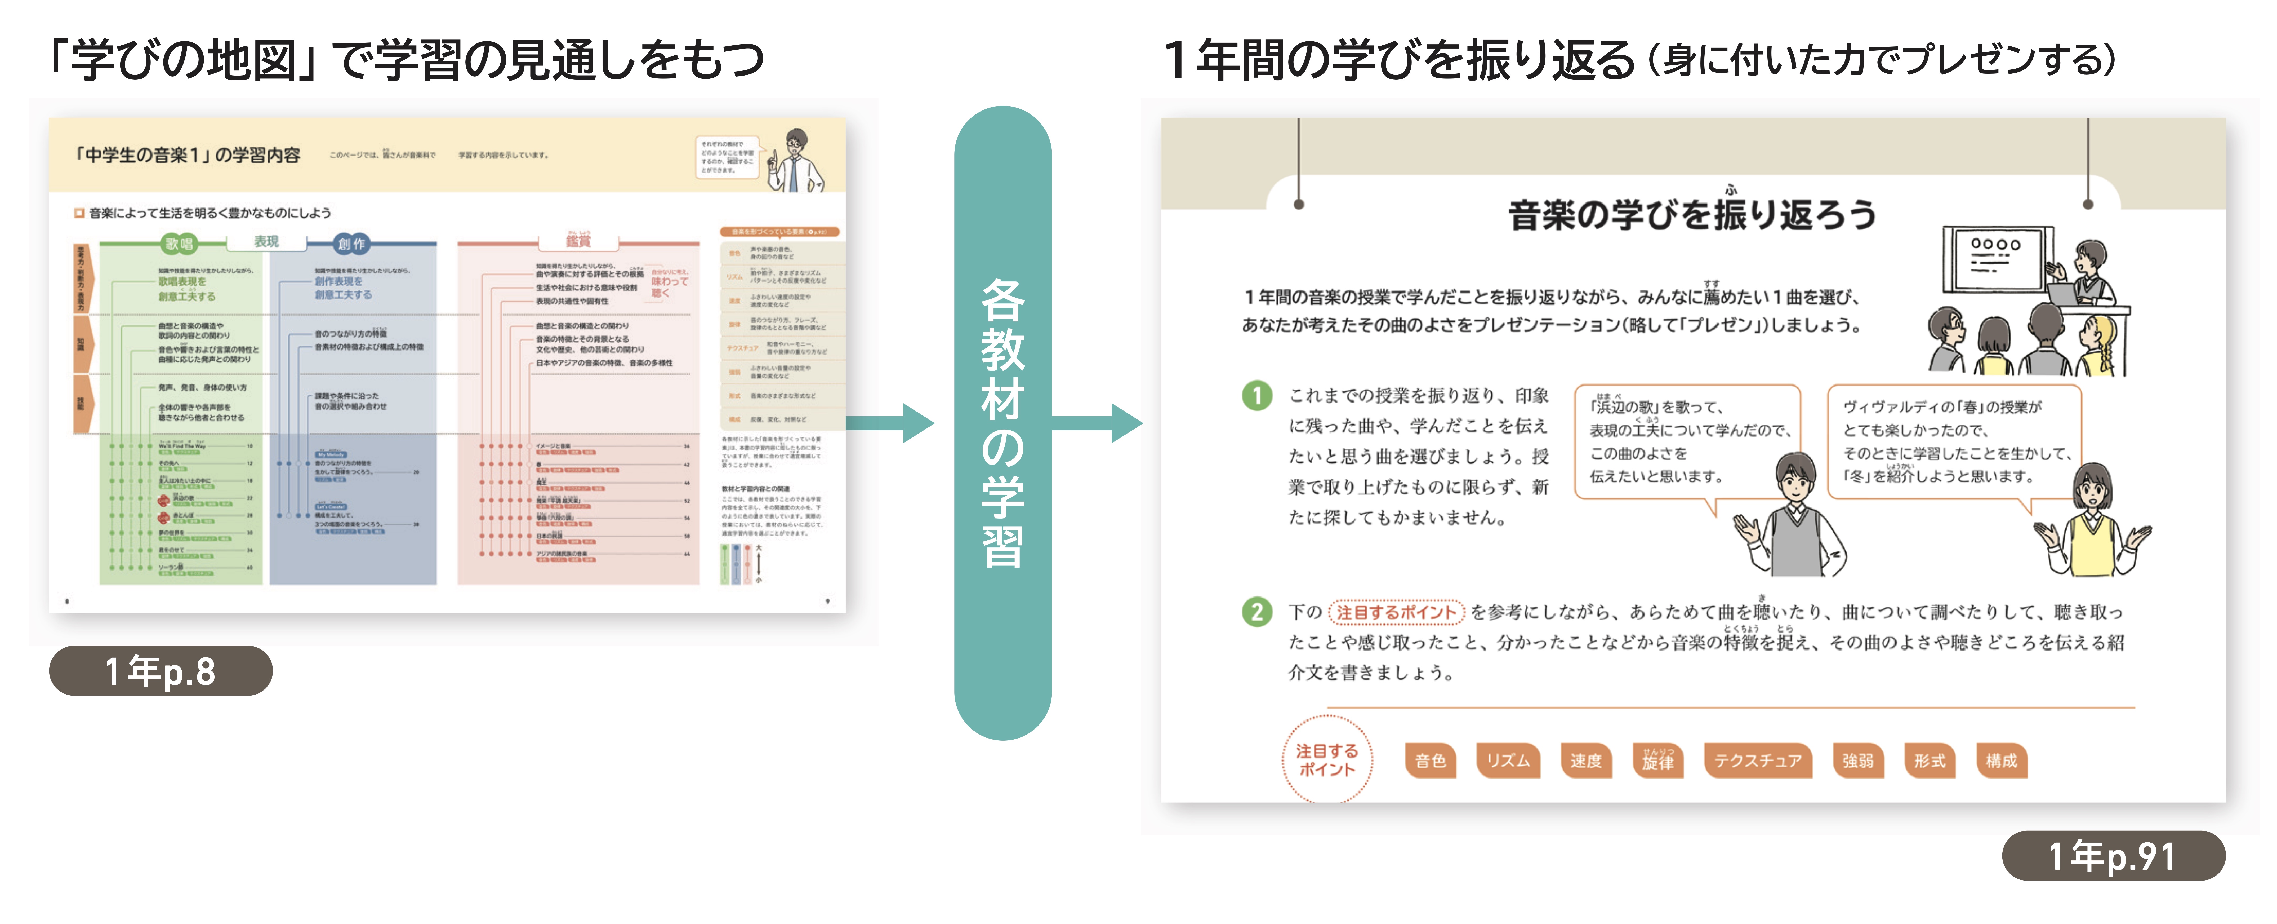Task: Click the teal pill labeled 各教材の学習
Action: [1002, 423]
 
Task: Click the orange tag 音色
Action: [1429, 761]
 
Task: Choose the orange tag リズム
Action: [1507, 761]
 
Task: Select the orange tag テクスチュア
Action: [1757, 761]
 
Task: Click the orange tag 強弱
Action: [1857, 761]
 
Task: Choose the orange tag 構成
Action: [2001, 761]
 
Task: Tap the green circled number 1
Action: [1256, 395]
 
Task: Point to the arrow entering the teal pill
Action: [893, 423]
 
